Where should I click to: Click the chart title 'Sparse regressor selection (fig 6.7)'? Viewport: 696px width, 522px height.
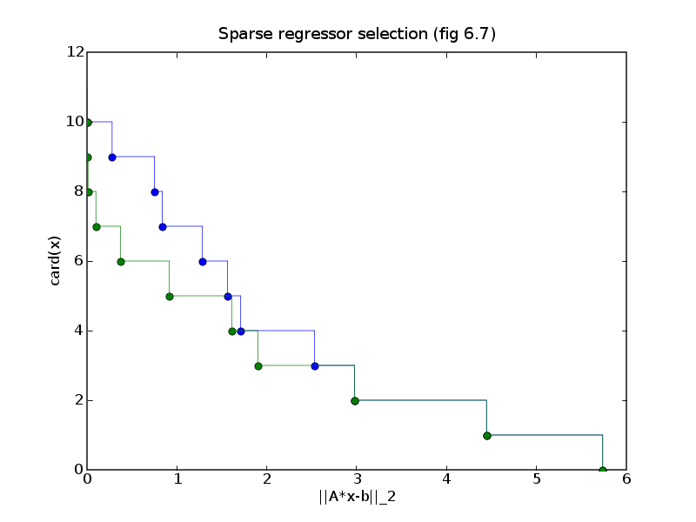pyautogui.click(x=357, y=34)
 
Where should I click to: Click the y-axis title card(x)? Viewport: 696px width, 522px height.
pyautogui.click(x=55, y=261)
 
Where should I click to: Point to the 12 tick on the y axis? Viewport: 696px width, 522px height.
pyautogui.click(x=76, y=52)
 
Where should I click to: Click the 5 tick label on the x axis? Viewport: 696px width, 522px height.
pyautogui.click(x=537, y=479)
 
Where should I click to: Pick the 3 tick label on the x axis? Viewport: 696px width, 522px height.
pyautogui.click(x=357, y=479)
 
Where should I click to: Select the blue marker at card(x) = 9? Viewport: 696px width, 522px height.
pyautogui.click(x=112, y=157)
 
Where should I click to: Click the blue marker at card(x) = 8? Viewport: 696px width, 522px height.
pyautogui.click(x=155, y=192)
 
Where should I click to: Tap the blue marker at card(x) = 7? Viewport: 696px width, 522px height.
pyautogui.click(x=163, y=227)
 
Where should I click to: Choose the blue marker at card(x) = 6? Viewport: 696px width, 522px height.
pyautogui.click(x=203, y=262)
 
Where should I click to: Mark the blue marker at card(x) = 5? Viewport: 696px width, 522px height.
pyautogui.click(x=228, y=297)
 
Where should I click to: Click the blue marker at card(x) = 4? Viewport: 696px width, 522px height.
pyautogui.click(x=241, y=331)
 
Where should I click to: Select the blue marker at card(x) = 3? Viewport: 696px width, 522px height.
pyautogui.click(x=315, y=366)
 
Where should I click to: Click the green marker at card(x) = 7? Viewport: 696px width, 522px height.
pyautogui.click(x=97, y=227)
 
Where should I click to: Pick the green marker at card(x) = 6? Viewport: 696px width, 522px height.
pyautogui.click(x=121, y=262)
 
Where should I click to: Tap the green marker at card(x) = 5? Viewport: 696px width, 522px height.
pyautogui.click(x=170, y=297)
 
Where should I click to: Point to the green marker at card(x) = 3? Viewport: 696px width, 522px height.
pyautogui.click(x=258, y=366)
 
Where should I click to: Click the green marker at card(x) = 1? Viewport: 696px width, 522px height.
pyautogui.click(x=487, y=436)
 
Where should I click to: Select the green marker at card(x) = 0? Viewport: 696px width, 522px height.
pyautogui.click(x=603, y=470)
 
